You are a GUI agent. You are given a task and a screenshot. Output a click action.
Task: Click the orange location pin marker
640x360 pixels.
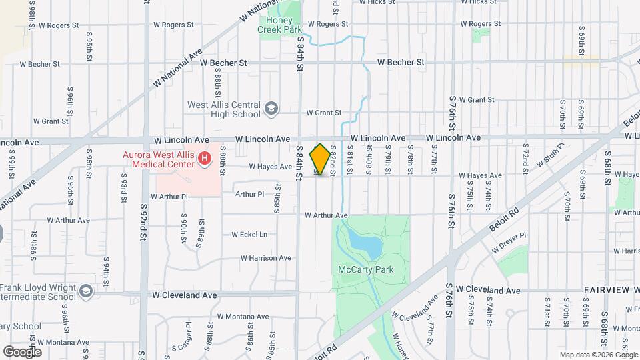tap(321, 159)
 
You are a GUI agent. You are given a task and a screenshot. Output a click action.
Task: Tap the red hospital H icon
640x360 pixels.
tap(205, 159)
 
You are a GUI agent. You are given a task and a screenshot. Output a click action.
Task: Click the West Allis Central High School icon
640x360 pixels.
tap(271, 109)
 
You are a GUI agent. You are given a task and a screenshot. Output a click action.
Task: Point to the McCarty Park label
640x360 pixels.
tap(366, 270)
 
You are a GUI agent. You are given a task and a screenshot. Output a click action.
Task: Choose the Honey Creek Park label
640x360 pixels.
tap(280, 25)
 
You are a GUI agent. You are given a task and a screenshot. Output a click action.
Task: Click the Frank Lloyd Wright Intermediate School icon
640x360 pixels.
tap(86, 292)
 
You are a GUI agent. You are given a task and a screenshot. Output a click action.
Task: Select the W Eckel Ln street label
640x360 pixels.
tap(249, 235)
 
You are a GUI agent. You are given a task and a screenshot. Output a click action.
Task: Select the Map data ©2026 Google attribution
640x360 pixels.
tap(597, 355)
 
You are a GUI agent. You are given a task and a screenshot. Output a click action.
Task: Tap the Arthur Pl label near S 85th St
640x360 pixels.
tap(250, 194)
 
